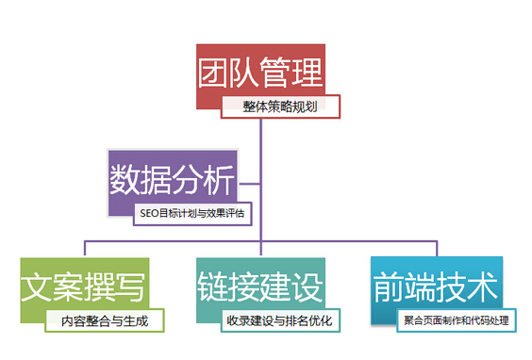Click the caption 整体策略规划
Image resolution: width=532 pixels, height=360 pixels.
(280, 106)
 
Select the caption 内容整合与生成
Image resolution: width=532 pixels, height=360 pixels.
(105, 320)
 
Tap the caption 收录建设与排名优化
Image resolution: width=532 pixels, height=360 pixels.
(280, 320)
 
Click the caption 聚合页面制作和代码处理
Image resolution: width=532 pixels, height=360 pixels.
(455, 320)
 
